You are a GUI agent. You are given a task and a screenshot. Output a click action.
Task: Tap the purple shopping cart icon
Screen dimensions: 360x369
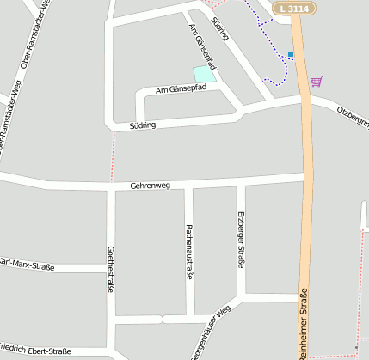pyautogui.click(x=317, y=82)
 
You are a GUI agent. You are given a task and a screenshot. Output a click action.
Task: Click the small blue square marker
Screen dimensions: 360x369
pyautogui.click(x=291, y=54)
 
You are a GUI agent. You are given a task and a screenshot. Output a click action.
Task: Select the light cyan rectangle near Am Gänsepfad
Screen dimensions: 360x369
pyautogui.click(x=204, y=74)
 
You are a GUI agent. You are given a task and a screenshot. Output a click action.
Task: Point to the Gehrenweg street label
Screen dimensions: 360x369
pyautogui.click(x=151, y=186)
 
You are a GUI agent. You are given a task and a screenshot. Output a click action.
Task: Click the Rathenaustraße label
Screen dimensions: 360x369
pyautogui.click(x=189, y=252)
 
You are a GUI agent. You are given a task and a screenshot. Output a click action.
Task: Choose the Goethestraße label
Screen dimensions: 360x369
pyautogui.click(x=110, y=269)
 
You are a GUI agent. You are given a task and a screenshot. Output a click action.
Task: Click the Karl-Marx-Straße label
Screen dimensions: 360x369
pyautogui.click(x=26, y=265)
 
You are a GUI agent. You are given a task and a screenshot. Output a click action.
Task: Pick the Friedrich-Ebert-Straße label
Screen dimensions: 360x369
pyautogui.click(x=34, y=351)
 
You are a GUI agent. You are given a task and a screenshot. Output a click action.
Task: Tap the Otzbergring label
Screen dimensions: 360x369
pyautogui.click(x=353, y=117)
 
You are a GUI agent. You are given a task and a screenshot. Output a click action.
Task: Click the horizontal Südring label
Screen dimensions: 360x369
pyautogui.click(x=143, y=125)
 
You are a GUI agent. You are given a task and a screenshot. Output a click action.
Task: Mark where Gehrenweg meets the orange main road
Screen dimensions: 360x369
pyautogui.click(x=305, y=178)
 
